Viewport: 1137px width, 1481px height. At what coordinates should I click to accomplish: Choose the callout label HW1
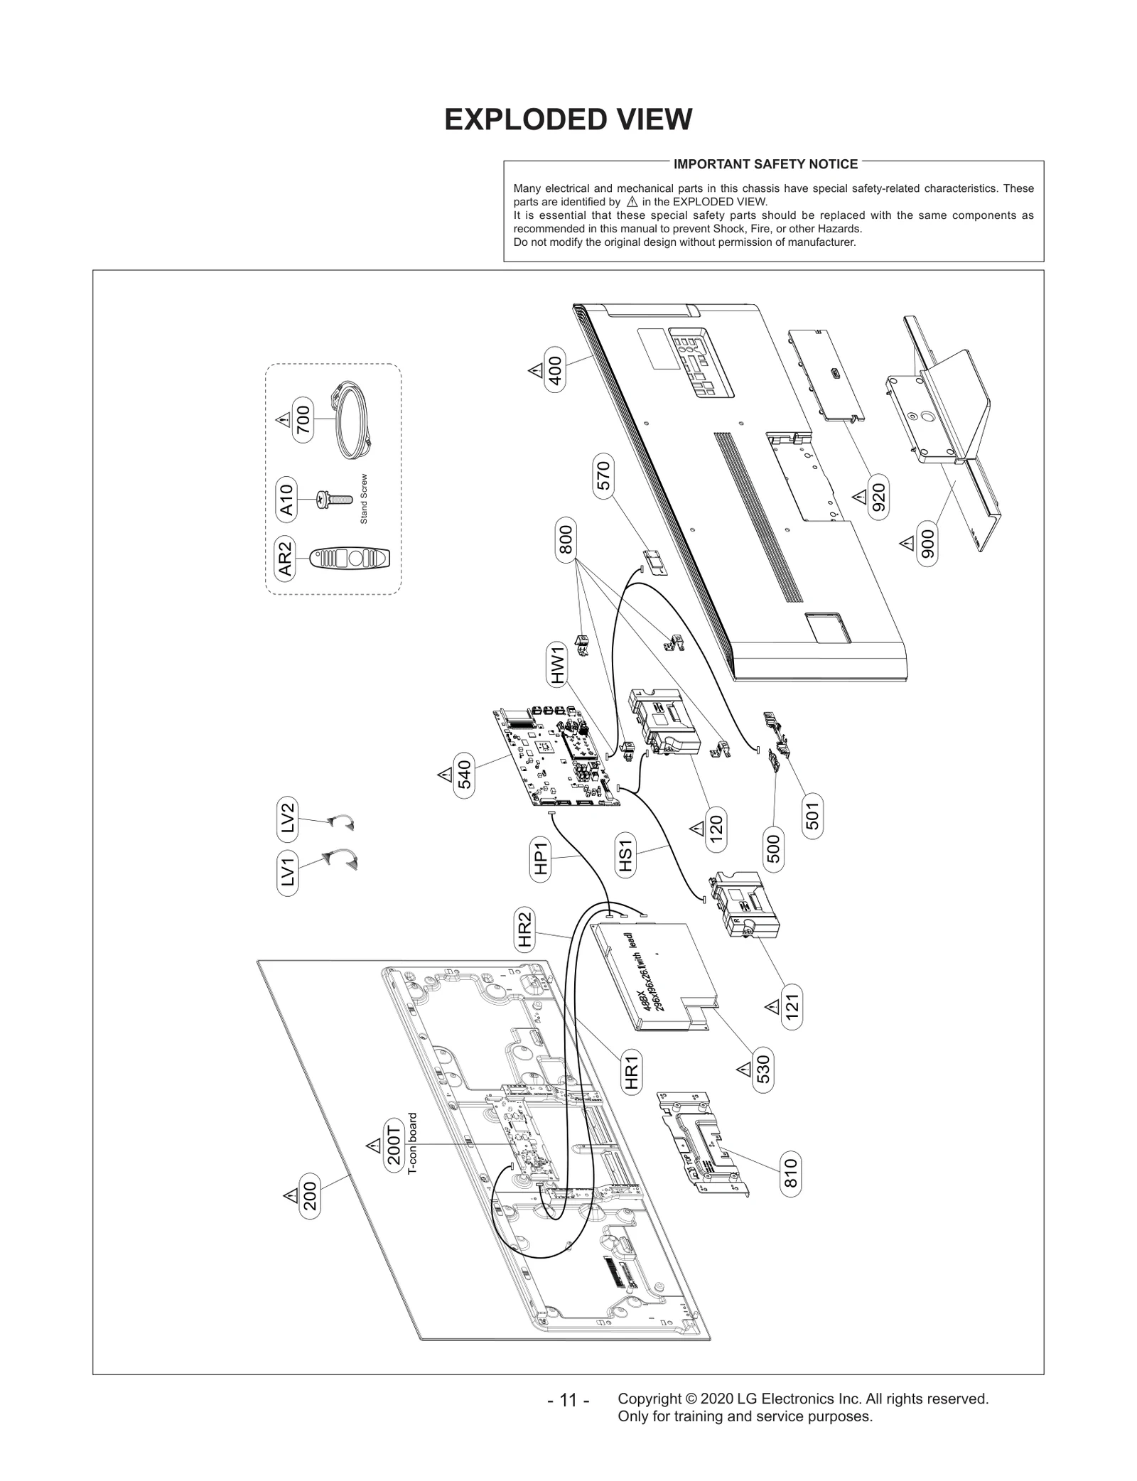coord(558,664)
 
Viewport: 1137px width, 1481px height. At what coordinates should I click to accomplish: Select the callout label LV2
coord(287,817)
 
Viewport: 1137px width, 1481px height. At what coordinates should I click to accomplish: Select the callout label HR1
coord(630,1072)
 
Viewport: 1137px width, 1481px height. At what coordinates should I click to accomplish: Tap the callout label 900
coord(927,545)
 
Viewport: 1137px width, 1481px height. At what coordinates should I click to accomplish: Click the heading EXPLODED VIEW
coord(568,119)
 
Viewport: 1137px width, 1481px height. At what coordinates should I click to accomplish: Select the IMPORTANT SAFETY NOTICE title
coord(765,164)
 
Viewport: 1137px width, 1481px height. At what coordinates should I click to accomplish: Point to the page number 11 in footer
coord(568,1400)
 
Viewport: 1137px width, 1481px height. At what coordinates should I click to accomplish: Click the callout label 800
coord(566,540)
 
